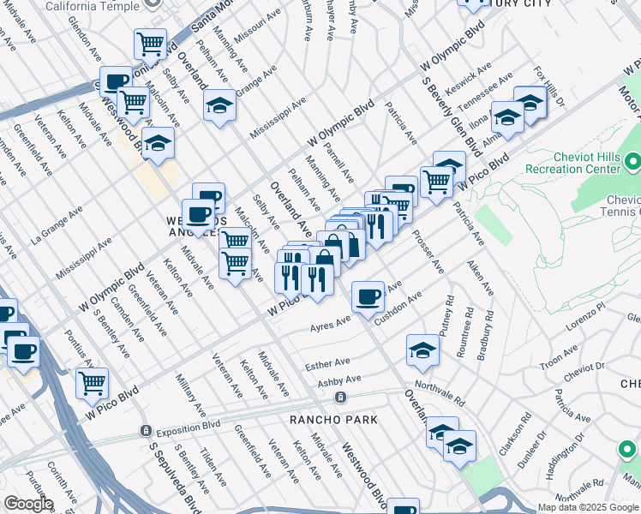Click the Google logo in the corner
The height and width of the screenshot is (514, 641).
point(27,504)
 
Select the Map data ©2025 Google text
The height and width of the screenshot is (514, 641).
point(588,507)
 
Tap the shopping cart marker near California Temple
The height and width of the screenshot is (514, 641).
point(151,43)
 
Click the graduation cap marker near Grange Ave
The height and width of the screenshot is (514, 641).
point(219,106)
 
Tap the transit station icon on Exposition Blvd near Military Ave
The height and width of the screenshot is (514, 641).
point(147,430)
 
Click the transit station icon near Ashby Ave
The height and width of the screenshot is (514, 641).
point(341,397)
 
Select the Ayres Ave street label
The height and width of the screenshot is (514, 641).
point(331,324)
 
